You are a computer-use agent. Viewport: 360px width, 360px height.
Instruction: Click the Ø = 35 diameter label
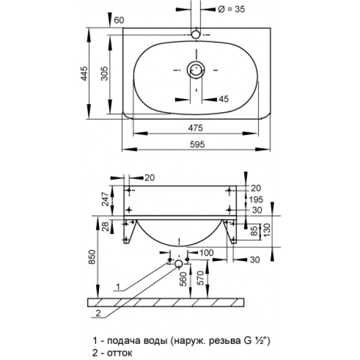click(231, 9)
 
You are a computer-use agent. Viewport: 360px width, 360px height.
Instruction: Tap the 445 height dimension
click(84, 73)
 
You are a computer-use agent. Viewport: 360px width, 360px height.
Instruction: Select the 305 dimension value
click(104, 73)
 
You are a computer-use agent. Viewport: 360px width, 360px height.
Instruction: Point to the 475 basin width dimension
click(196, 128)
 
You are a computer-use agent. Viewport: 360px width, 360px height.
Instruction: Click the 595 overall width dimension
click(197, 145)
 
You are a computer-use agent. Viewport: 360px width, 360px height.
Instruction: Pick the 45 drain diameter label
click(224, 99)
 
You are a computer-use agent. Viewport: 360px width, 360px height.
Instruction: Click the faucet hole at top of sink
click(196, 35)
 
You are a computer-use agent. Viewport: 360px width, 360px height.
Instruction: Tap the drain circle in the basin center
click(196, 70)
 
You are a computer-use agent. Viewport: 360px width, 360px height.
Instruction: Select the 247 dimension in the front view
click(105, 199)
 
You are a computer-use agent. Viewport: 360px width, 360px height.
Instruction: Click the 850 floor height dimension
click(92, 257)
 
